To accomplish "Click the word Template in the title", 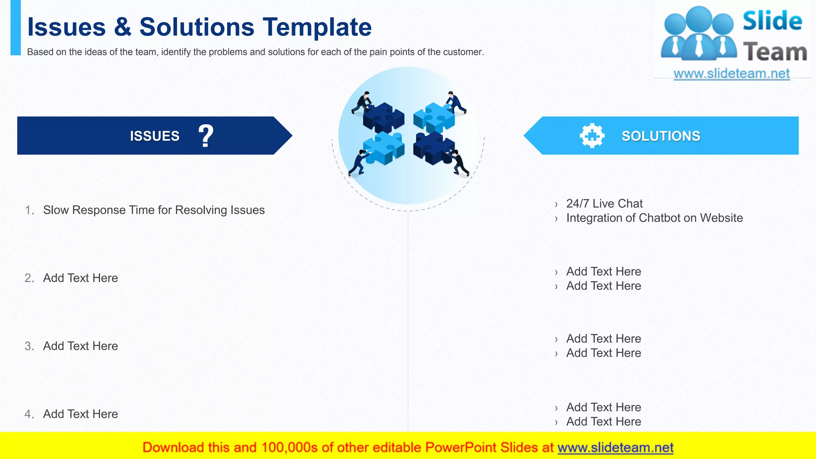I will coord(317,27).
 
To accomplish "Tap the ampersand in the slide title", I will coord(122,27).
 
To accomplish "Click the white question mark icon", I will coord(206,136).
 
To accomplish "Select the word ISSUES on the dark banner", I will coord(155,136).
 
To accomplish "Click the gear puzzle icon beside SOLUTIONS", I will coord(592,136).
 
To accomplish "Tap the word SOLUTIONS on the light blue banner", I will coord(661,136).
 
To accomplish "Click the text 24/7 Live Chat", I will coord(604,204).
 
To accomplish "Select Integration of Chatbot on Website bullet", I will coord(654,218).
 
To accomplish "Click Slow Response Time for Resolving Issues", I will coord(154,210).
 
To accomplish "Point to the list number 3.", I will coord(29,346).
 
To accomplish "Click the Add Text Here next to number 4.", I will coord(80,414).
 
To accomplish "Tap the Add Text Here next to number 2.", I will coord(80,278).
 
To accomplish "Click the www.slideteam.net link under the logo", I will coord(731,74).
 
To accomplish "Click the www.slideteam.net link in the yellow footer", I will coord(615,447).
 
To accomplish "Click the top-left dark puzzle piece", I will coord(383,116).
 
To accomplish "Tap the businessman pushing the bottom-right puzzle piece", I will coord(460,162).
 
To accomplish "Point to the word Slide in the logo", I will coord(772,21).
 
